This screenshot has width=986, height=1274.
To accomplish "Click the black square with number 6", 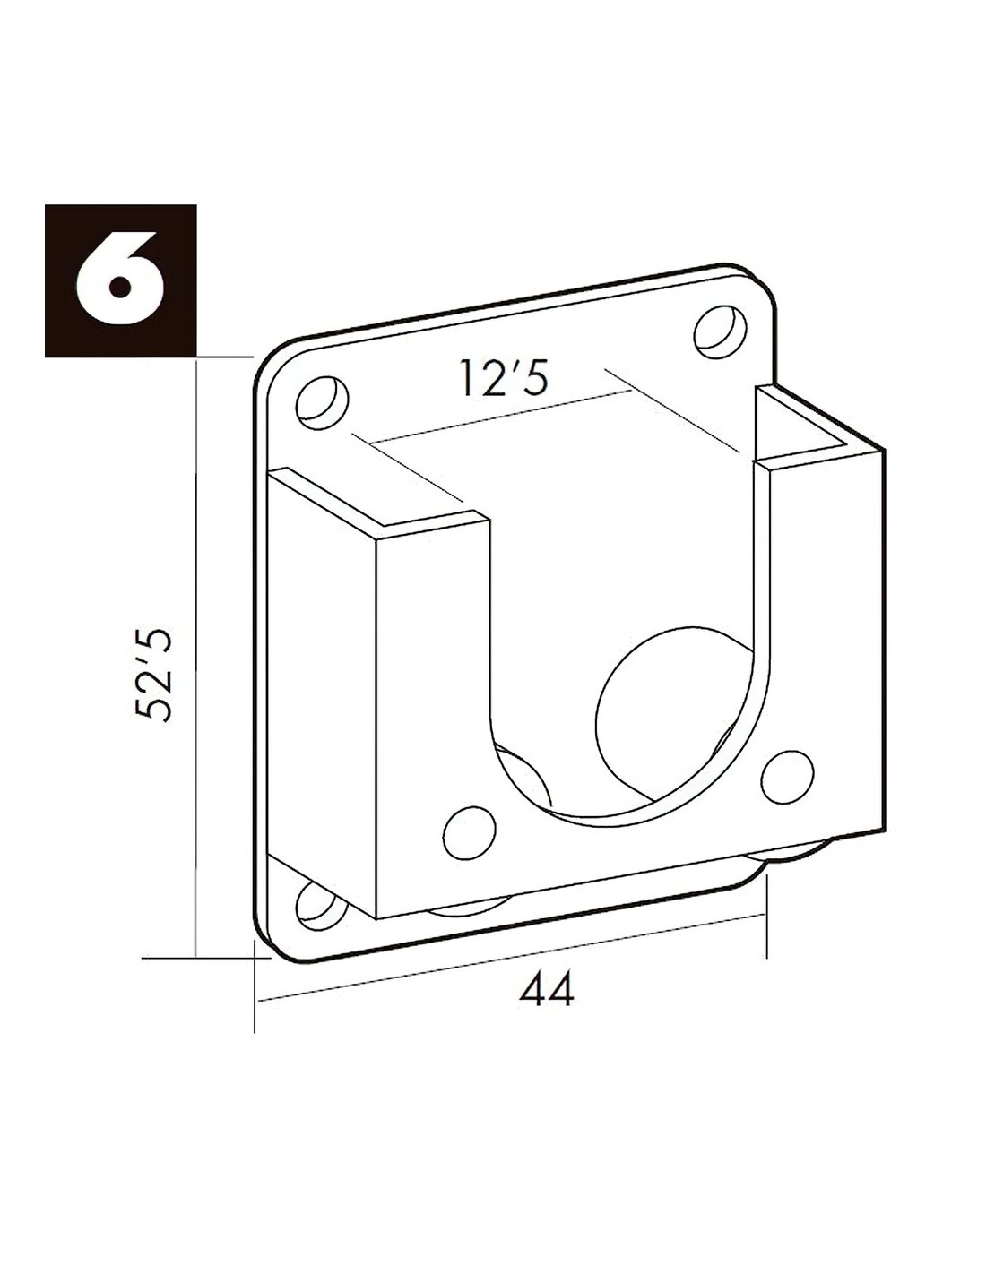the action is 120,280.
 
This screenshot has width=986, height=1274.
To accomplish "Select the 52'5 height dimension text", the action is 153,675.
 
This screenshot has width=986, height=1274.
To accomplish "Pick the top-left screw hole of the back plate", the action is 322,403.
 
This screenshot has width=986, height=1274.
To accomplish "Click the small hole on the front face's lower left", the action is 469,833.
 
